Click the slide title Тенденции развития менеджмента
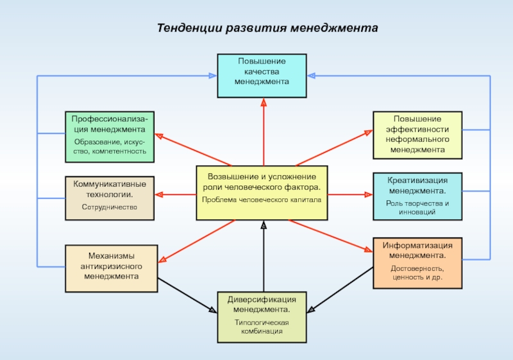point(268,29)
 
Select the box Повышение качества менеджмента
point(262,76)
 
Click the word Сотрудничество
point(110,208)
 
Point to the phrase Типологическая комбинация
point(262,327)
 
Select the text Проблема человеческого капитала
point(262,200)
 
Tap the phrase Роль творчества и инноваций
point(417,207)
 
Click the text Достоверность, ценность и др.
point(417,273)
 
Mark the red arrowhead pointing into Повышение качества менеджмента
point(263,102)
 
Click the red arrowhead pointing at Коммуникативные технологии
point(159,193)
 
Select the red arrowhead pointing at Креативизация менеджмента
point(367,193)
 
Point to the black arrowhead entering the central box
point(263,225)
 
